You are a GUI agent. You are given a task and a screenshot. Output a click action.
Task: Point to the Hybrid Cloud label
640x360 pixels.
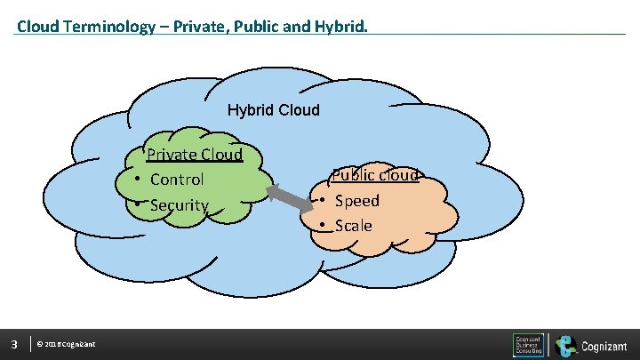(x=273, y=111)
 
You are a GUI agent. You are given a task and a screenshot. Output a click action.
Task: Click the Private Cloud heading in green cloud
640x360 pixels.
(x=194, y=155)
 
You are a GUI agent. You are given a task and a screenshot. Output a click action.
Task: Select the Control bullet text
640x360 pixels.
(x=177, y=180)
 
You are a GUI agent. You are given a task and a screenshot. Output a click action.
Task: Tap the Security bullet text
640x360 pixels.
(x=179, y=205)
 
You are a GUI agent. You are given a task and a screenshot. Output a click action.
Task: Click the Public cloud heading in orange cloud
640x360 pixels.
(x=374, y=175)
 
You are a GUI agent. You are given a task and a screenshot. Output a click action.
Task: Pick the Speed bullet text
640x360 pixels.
(x=356, y=201)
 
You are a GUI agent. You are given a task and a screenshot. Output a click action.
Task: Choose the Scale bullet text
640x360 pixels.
(x=353, y=226)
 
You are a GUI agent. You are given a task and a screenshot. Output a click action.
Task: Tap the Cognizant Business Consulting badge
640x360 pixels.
(x=529, y=345)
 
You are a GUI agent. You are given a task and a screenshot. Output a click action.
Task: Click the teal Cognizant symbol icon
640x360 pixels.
(x=565, y=345)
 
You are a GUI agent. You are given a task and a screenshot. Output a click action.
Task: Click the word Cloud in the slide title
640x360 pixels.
(x=37, y=26)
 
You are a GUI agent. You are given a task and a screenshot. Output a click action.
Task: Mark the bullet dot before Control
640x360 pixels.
(x=139, y=180)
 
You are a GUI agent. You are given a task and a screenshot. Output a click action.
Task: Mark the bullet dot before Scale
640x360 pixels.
(x=324, y=226)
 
